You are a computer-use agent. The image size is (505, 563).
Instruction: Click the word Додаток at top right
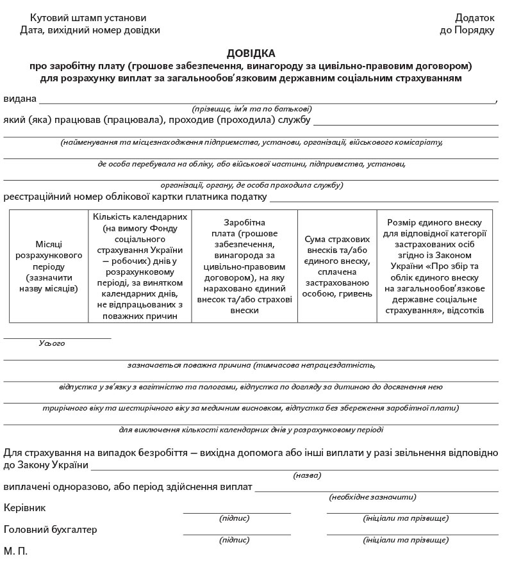click(475, 17)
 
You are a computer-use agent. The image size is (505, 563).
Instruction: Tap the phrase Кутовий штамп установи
click(83, 17)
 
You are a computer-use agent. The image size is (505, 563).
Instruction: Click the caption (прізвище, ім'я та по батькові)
click(252, 109)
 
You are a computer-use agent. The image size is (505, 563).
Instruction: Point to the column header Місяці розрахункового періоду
click(49, 266)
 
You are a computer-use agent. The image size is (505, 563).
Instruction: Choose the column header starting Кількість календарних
click(140, 266)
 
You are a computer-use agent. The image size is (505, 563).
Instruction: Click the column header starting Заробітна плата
click(244, 266)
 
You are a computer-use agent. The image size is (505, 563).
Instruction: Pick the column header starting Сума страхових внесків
click(337, 266)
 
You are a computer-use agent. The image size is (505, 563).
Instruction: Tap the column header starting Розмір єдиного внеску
click(435, 266)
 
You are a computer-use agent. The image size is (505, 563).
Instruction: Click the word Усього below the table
click(52, 343)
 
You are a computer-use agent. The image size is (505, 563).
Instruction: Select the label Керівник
click(24, 507)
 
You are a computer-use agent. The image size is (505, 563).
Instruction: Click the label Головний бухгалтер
click(51, 530)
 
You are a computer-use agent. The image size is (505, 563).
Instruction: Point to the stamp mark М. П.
click(15, 551)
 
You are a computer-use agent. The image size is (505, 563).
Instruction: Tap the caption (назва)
click(308, 475)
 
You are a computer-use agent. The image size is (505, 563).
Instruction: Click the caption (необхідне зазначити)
click(372, 497)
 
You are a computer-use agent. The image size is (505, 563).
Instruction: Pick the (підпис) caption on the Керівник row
click(235, 518)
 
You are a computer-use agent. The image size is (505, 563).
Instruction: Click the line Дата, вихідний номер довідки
click(90, 29)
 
